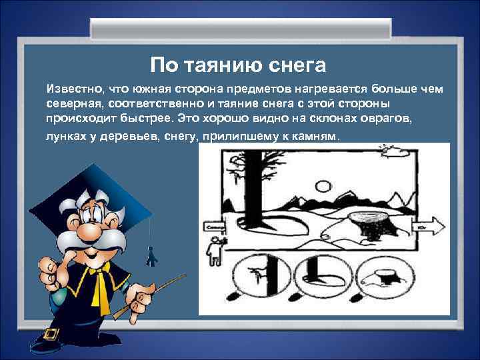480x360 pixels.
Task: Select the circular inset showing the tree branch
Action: tap(267, 274)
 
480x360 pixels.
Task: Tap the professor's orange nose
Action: tap(86, 230)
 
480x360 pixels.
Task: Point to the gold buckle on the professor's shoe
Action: tap(51, 334)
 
